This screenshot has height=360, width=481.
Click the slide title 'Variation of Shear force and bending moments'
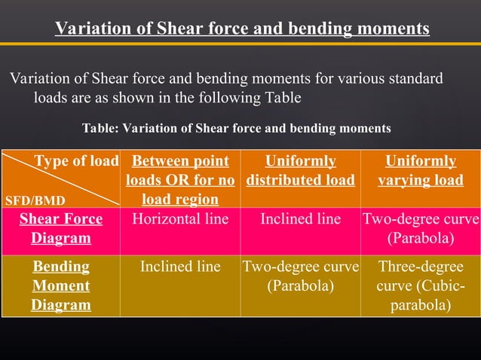click(x=242, y=29)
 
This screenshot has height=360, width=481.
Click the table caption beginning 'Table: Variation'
click(x=236, y=128)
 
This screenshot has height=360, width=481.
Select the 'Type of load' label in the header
click(x=76, y=161)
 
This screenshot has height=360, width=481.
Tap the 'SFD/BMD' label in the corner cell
click(x=35, y=201)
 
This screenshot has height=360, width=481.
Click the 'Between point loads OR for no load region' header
click(x=180, y=180)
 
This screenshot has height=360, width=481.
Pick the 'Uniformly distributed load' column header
click(x=300, y=171)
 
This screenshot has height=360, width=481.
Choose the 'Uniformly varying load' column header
click(x=420, y=171)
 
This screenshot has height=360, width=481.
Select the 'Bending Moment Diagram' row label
click(x=60, y=285)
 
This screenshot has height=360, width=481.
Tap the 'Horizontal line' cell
click(x=180, y=220)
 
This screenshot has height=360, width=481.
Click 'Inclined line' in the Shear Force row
click(x=300, y=220)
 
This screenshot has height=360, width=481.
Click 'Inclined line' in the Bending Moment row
click(x=180, y=267)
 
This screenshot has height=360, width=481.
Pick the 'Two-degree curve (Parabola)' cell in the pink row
click(x=420, y=229)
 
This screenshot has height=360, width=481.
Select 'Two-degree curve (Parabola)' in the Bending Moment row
click(x=300, y=276)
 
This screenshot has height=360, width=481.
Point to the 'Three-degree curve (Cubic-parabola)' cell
click(x=420, y=285)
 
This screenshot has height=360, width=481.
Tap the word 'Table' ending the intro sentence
click(x=283, y=98)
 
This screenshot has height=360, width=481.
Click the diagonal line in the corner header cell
click(x=60, y=179)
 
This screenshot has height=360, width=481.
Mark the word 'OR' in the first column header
click(x=185, y=181)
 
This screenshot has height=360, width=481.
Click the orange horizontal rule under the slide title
click(x=240, y=44)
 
